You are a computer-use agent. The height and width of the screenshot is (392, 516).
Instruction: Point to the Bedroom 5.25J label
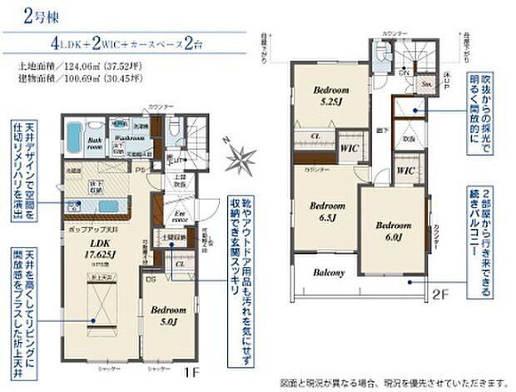pos(331,96)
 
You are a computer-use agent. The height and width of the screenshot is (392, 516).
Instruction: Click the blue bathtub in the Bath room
pos(73,139)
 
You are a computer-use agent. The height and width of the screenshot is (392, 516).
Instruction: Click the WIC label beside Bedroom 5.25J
pos(348,146)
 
